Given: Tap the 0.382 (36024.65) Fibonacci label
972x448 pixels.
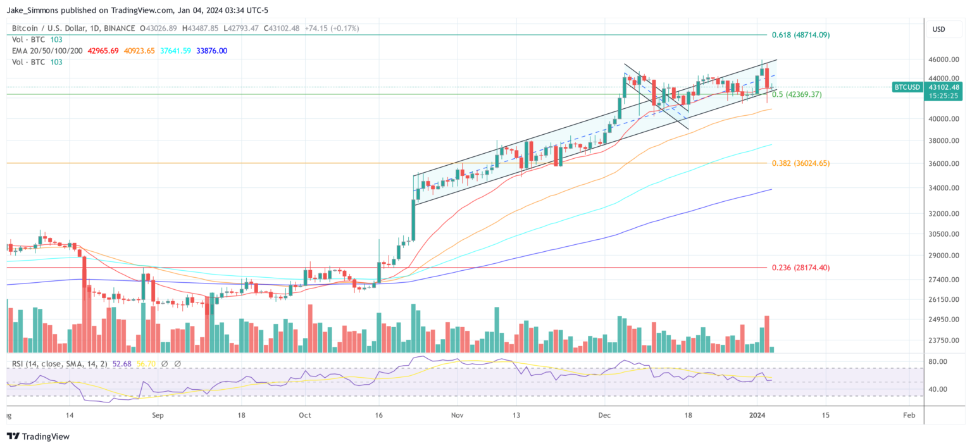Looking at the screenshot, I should [x=801, y=163].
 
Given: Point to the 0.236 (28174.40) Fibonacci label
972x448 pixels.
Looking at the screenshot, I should [x=801, y=268].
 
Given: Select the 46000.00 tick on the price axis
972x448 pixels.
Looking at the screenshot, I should [x=942, y=59].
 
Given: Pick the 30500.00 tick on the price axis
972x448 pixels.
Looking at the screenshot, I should [x=942, y=234].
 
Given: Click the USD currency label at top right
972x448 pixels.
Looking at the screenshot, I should [x=938, y=29].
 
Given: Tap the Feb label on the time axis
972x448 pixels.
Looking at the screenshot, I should [x=908, y=415].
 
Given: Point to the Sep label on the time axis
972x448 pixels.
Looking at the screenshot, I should [x=158, y=415].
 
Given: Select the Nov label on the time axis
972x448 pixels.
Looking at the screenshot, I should [x=458, y=415].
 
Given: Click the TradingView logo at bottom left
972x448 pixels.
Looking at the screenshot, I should [x=38, y=437].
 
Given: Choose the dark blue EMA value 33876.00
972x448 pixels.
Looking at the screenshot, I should [x=212, y=51].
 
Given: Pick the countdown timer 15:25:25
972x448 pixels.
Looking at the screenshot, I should [x=942, y=96].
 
